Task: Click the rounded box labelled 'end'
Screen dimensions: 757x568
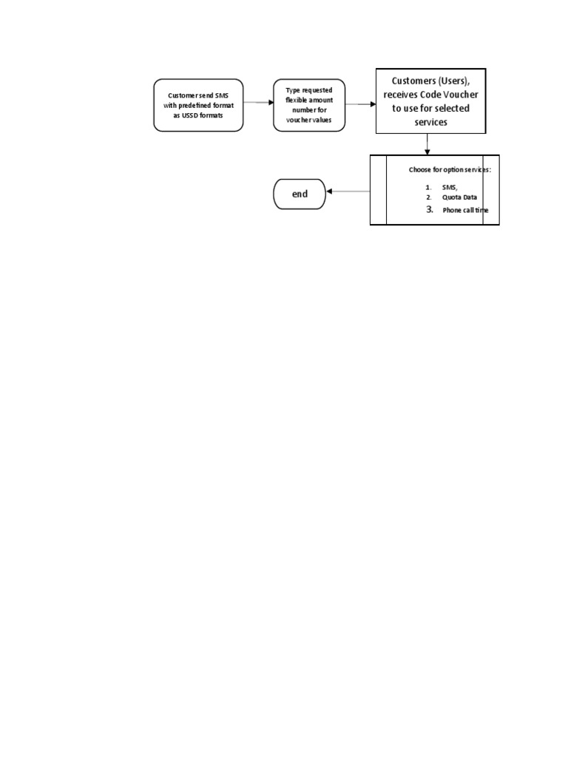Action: pos(299,194)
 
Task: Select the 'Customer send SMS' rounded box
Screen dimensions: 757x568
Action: pos(198,105)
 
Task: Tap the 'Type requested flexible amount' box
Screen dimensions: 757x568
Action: pos(309,105)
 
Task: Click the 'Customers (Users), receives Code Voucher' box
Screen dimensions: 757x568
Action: pos(430,101)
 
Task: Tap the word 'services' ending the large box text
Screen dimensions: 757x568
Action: pos(431,122)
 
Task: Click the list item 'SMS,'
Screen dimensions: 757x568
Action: pos(450,187)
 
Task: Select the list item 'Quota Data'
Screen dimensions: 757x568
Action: pos(460,197)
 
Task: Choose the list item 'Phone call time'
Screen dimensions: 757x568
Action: pos(465,211)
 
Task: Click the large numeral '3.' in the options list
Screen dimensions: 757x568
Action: pos(430,210)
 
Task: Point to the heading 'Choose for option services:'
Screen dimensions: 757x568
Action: pos(450,170)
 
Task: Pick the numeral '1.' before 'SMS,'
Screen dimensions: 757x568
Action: pos(429,188)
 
